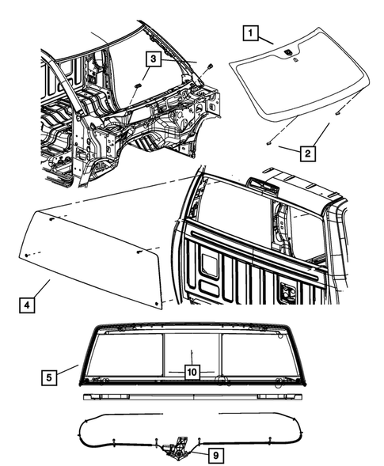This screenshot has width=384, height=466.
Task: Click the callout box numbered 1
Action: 250,32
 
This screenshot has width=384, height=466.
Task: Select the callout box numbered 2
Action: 307,153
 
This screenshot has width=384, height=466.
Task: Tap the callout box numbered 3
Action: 153,59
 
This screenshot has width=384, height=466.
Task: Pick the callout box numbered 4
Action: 27,305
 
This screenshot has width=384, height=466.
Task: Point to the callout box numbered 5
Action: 49,377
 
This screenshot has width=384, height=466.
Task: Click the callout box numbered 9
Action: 216,455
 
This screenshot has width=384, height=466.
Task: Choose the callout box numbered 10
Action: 192,372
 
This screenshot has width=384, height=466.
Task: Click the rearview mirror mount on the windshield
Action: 288,52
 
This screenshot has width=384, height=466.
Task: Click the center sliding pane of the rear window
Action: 192,357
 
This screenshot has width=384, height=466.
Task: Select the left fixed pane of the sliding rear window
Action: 125,356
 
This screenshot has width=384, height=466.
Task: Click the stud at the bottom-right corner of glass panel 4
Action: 157,304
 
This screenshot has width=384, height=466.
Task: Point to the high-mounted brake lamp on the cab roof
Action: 262,184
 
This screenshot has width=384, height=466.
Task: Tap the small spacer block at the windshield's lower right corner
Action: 337,113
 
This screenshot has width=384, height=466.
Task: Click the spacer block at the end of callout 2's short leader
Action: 269,143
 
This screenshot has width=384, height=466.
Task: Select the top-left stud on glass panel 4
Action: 51,219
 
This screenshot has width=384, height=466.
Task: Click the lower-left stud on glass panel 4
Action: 27,255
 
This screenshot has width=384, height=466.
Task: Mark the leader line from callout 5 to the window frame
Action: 68,369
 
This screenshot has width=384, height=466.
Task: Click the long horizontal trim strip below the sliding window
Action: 192,396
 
